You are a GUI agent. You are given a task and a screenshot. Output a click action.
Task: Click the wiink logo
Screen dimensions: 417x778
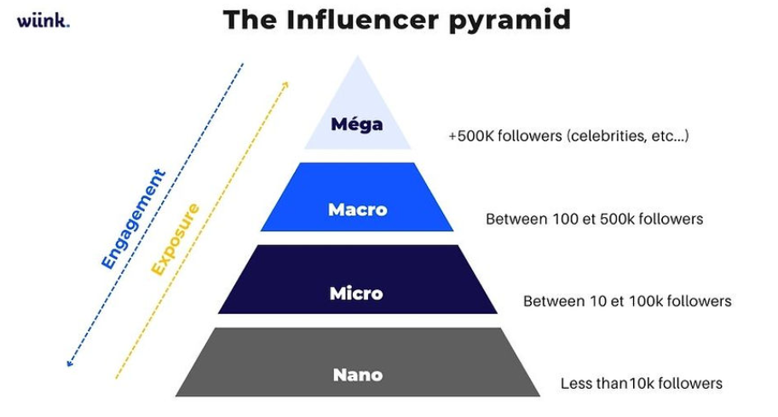[x=43, y=20]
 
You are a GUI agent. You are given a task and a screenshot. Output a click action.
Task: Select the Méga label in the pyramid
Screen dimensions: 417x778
[x=357, y=124]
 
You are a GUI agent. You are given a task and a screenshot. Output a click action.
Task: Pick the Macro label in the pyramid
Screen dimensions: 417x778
[x=357, y=209]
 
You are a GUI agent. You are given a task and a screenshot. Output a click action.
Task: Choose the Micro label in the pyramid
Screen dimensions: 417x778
[x=356, y=294]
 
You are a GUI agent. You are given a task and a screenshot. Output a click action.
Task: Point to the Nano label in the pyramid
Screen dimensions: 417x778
[x=357, y=374]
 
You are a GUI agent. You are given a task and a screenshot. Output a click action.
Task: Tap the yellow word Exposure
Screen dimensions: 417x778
[x=175, y=239]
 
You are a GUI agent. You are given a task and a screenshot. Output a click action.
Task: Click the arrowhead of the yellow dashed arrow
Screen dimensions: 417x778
[x=285, y=85]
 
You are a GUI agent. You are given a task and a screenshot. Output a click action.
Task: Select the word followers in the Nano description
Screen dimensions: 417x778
[x=690, y=383]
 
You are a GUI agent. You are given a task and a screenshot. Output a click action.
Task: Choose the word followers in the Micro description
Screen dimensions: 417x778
[x=700, y=301]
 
